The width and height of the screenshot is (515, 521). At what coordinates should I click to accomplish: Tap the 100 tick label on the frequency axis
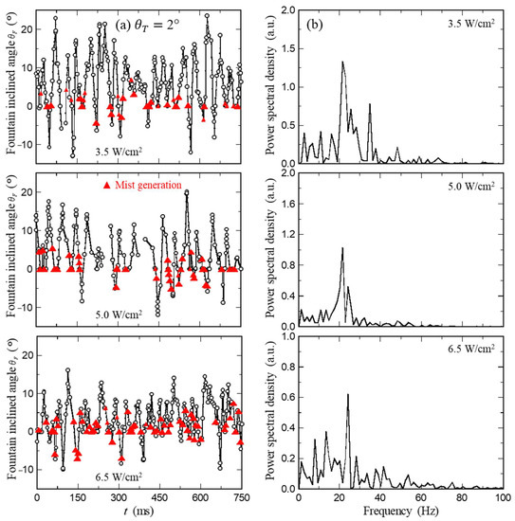(x=503, y=496)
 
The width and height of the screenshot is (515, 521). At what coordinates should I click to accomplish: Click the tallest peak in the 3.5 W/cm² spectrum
(x=342, y=63)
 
